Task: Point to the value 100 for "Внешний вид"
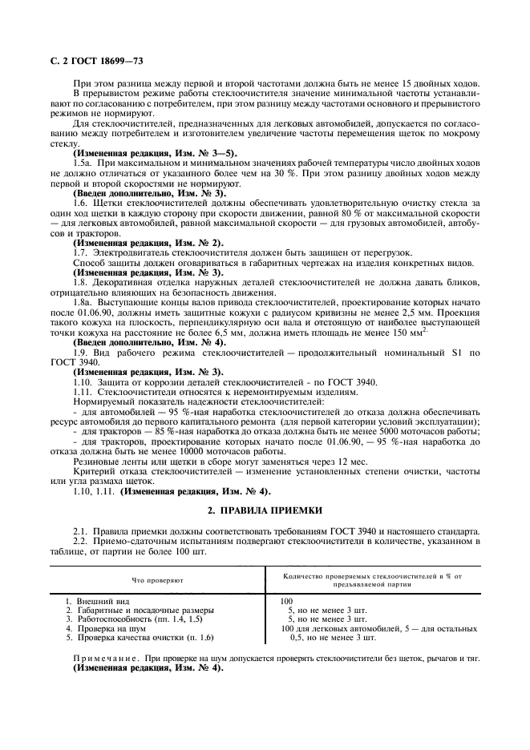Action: (x=287, y=600)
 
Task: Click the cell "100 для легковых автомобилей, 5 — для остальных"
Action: (x=378, y=628)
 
